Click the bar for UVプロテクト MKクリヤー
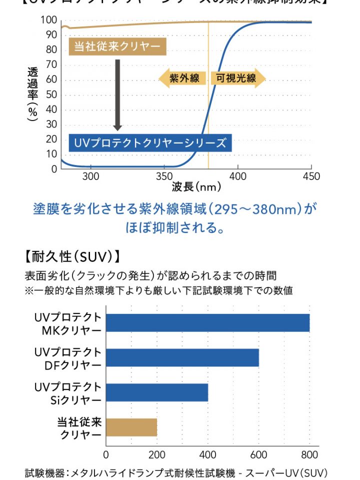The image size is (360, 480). (x=207, y=323)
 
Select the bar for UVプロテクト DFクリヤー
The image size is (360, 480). (x=182, y=357)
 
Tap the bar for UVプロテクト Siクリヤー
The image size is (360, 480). (x=157, y=392)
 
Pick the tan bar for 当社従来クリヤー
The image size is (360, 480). (x=131, y=427)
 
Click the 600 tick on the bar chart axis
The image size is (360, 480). (x=258, y=454)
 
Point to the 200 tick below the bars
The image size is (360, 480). (x=157, y=454)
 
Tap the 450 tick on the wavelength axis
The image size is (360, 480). (x=311, y=176)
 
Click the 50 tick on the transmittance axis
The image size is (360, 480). (x=51, y=94)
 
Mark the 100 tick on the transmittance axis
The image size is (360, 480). (x=49, y=20)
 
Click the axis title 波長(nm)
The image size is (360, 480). (x=196, y=187)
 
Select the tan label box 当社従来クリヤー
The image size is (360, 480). (x=117, y=47)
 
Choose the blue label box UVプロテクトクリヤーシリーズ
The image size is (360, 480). (x=150, y=143)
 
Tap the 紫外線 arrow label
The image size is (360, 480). (x=182, y=78)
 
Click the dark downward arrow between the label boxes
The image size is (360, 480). (x=117, y=94)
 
